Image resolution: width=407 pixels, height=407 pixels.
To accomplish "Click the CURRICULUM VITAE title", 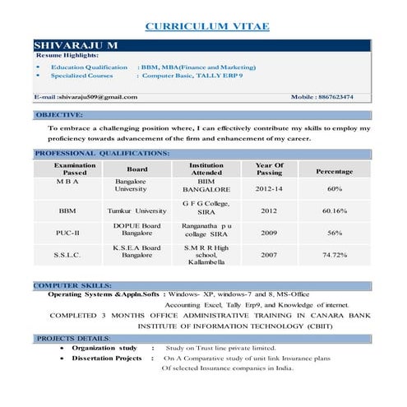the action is pos(206,27).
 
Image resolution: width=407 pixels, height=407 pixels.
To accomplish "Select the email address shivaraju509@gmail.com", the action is pos(86,97).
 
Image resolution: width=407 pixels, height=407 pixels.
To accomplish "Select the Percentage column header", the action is pos(334,172).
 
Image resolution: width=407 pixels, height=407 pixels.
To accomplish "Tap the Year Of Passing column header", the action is pos(269,169).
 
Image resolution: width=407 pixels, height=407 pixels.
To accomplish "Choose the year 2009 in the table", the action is pos(269,233).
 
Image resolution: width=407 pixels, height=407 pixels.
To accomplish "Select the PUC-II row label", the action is pos(68,233).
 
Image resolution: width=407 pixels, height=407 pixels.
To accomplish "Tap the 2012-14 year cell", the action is pos(269,188).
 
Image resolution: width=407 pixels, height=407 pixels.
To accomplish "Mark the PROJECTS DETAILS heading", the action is pos(73,338).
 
